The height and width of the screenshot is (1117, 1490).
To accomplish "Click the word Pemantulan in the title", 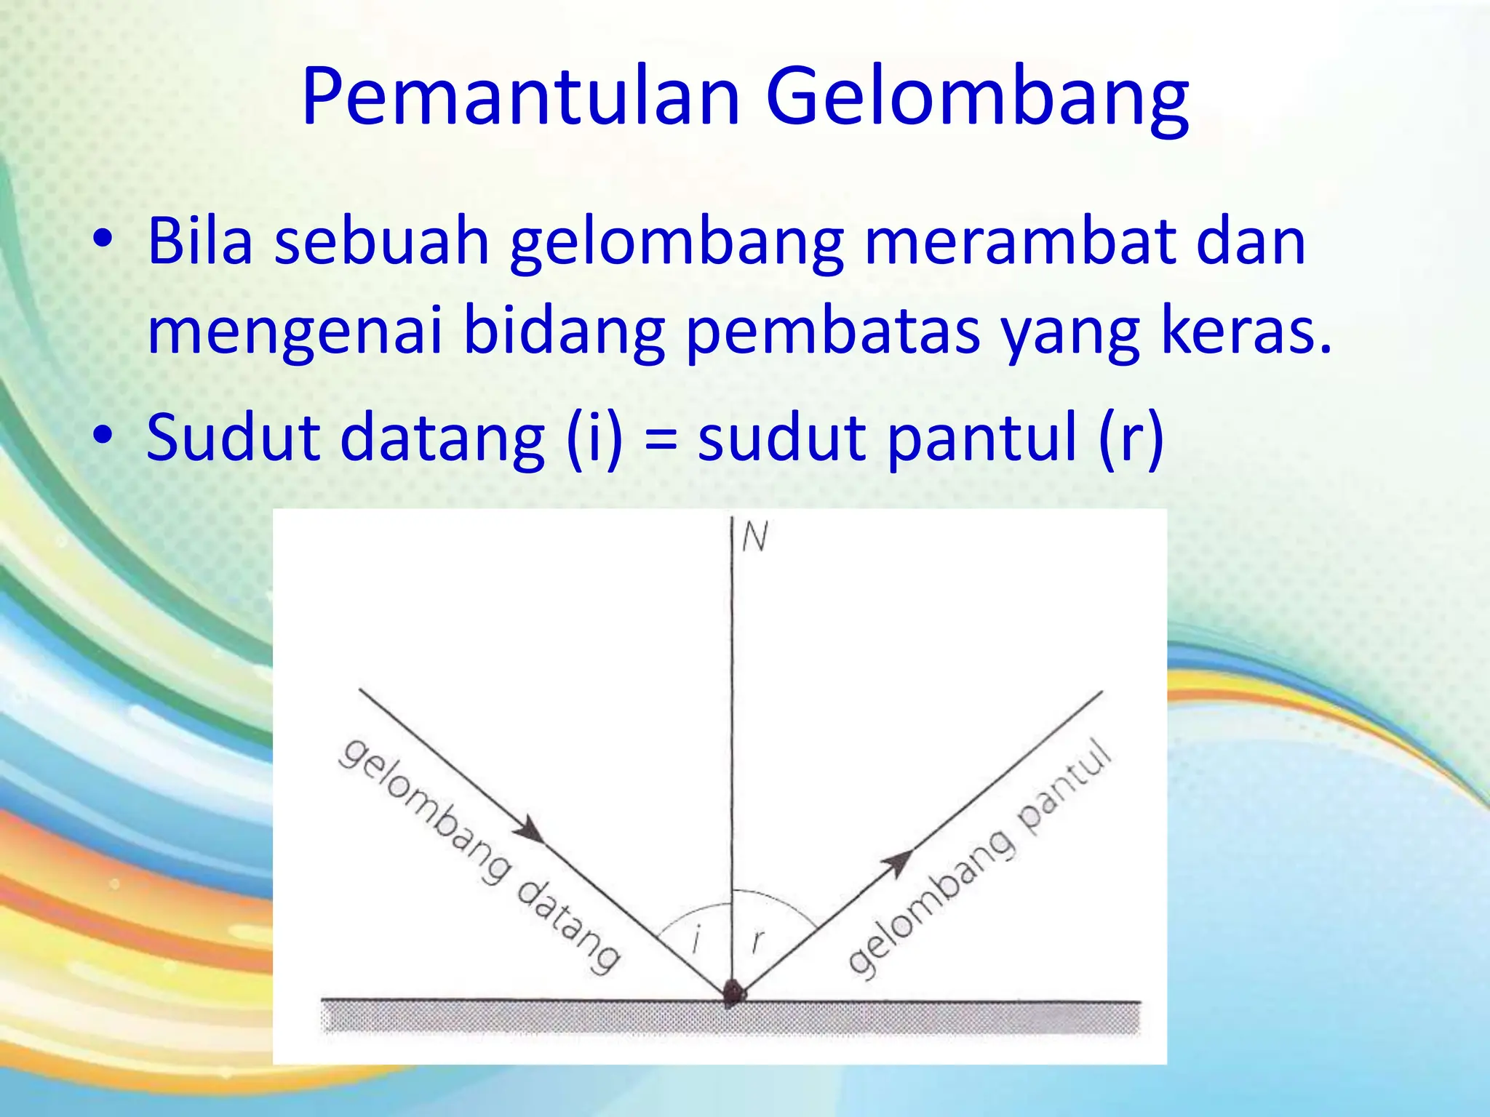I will (x=521, y=97).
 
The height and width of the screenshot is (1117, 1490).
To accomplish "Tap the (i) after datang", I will (x=594, y=439).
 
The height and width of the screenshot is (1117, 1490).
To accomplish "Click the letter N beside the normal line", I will (x=755, y=538).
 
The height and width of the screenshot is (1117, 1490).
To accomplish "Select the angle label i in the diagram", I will (x=696, y=938).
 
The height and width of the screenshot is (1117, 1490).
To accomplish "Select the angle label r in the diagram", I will (x=758, y=941).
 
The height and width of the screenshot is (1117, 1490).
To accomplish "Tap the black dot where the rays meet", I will (x=733, y=993).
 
